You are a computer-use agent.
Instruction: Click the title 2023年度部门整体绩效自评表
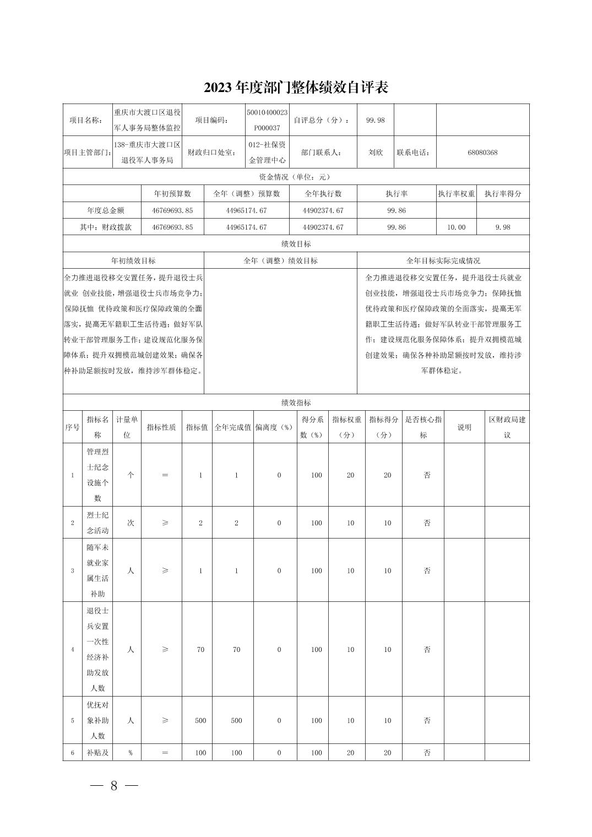296,87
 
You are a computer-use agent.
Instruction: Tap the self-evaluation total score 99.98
376,120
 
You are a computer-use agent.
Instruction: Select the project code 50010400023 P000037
267,120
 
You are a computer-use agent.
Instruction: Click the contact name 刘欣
376,153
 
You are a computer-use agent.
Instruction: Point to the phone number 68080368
482,153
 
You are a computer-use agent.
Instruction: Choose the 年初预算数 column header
172,194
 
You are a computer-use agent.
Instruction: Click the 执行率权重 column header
456,194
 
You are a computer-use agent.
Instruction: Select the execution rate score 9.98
502,227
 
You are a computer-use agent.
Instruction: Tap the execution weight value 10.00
456,227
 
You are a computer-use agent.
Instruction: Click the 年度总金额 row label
106,210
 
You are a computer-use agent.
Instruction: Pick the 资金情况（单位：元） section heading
296,177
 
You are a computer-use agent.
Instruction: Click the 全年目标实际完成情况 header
443,260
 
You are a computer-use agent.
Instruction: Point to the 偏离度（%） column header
274,427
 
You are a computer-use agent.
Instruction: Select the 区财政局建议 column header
507,427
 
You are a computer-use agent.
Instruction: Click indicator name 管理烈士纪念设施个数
97,475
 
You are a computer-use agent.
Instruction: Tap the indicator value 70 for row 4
200,650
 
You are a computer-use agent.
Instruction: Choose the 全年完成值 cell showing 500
236,720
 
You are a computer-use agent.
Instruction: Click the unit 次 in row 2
131,523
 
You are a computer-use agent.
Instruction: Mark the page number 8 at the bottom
114,786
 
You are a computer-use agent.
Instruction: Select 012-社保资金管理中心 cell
267,153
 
